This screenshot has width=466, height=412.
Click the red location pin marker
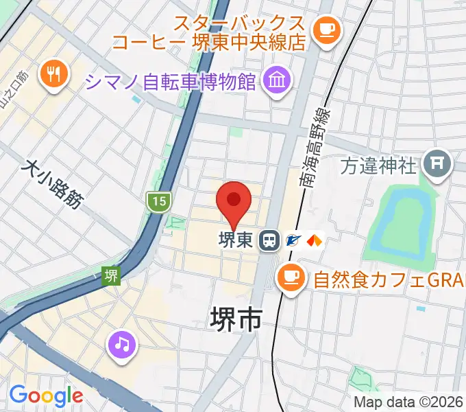click(234, 201)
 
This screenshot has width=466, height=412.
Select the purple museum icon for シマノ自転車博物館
click(277, 82)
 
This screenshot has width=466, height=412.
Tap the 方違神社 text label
click(378, 165)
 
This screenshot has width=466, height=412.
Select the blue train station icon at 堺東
click(269, 240)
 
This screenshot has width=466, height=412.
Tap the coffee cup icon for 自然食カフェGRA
click(290, 278)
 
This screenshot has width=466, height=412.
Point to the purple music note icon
click(121, 343)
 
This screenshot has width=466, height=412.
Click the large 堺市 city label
click(235, 319)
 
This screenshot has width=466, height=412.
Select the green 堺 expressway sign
click(110, 275)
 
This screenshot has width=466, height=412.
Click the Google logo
click(45, 396)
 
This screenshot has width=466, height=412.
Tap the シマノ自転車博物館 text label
click(171, 83)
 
